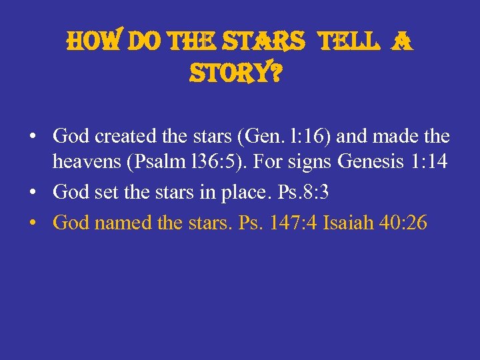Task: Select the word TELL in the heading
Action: tap(346, 43)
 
